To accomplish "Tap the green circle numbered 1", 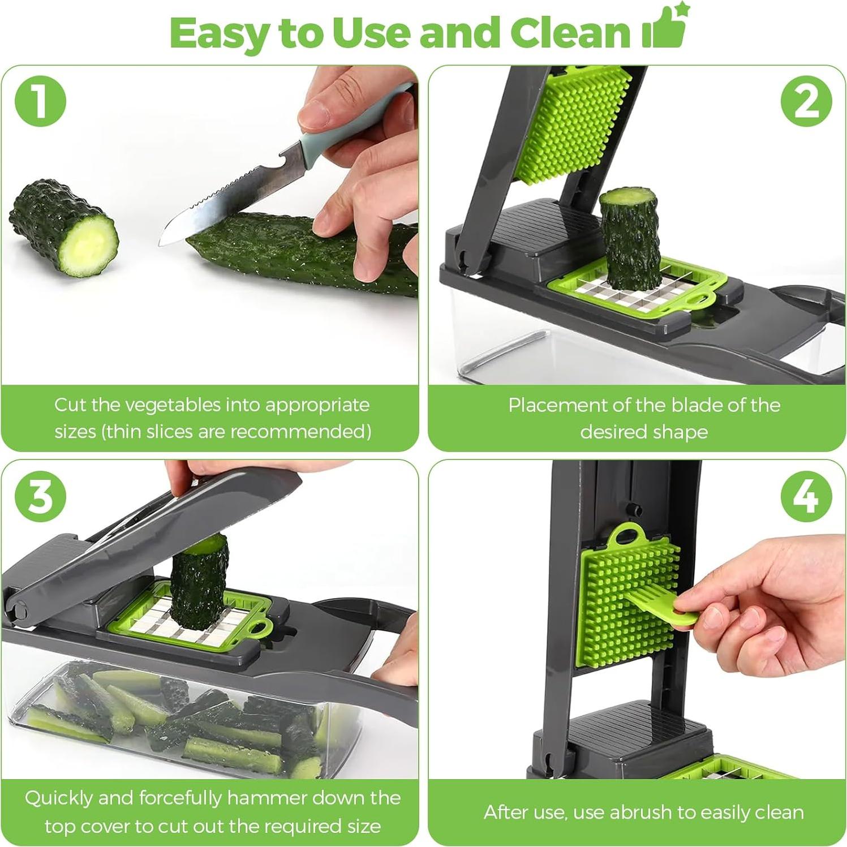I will pyautogui.click(x=40, y=102).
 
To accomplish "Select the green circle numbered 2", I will pyautogui.click(x=806, y=102).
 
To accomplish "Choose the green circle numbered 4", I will pyautogui.click(x=806, y=497).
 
